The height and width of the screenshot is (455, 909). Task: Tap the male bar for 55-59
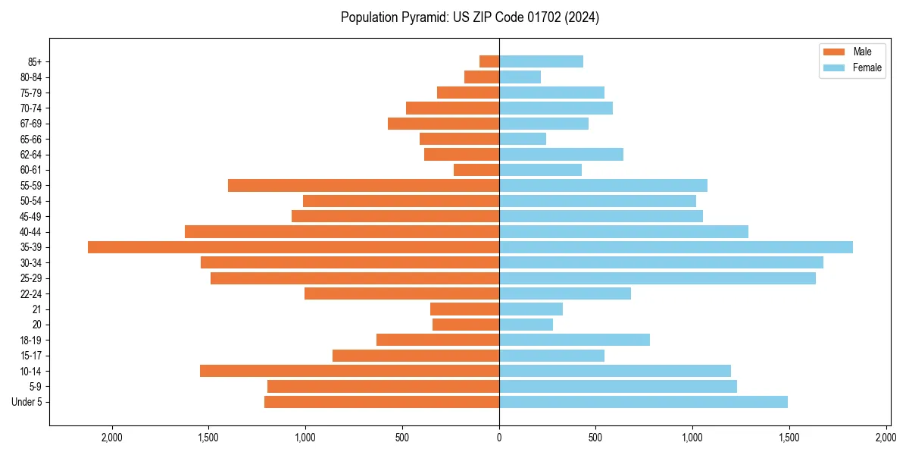364,185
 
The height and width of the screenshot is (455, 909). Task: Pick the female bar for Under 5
643,402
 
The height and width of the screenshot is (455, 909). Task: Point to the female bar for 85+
541,61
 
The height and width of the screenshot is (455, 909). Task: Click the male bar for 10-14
349,371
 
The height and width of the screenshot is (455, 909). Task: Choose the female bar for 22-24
565,293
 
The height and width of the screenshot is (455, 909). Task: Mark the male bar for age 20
466,325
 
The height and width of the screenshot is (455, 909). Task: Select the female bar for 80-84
520,77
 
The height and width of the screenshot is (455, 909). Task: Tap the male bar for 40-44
342,231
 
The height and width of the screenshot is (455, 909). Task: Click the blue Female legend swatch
833,68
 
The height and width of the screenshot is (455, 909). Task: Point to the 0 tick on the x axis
499,438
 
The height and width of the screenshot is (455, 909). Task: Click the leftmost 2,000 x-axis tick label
111,438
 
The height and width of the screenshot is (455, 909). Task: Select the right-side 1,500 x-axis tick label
789,438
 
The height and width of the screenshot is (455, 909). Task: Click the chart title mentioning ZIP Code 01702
470,17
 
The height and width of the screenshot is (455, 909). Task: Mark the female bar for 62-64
561,154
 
